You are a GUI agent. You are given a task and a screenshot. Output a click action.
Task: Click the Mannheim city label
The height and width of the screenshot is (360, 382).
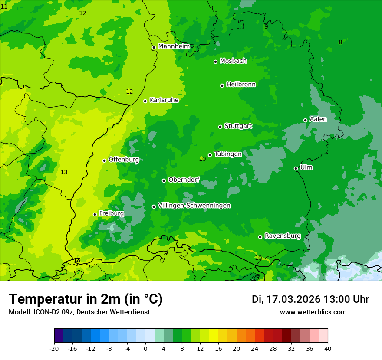[174, 46]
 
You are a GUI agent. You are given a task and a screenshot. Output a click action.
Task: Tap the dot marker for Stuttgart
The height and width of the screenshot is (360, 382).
[220, 127]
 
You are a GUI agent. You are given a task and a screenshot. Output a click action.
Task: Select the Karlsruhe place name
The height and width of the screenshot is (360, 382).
[164, 100]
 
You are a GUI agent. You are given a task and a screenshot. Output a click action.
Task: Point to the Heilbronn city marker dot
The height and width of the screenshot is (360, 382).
[222, 85]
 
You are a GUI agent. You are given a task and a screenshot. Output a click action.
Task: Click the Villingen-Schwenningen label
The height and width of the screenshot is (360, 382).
[194, 206]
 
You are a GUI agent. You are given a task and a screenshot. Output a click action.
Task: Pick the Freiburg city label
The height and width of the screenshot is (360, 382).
[111, 213]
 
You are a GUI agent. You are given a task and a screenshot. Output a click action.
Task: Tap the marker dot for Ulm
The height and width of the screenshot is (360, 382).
[296, 168]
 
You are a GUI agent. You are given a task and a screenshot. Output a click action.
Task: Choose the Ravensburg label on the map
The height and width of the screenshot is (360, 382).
[282, 236]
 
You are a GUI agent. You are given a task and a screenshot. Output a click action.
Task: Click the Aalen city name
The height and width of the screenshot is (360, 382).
[318, 119]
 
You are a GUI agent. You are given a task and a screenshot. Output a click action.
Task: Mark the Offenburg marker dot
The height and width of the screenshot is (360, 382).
[104, 160]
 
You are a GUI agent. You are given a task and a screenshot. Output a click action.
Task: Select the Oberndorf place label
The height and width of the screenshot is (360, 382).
[184, 180]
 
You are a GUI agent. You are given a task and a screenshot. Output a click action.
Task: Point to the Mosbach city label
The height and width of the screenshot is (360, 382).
[233, 61]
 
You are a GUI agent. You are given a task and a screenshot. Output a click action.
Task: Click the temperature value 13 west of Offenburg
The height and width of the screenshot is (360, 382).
[64, 173]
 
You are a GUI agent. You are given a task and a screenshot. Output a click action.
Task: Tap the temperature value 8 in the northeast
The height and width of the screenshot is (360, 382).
[340, 43]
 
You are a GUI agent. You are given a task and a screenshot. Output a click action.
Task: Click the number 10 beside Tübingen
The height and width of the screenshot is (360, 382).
[202, 159]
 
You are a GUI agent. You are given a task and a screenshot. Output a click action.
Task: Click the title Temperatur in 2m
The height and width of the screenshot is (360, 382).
[86, 299]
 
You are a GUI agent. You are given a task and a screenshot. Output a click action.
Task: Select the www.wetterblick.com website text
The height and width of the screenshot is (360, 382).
[313, 312]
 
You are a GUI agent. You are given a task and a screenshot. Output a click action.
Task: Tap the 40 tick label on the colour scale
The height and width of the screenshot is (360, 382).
[328, 348]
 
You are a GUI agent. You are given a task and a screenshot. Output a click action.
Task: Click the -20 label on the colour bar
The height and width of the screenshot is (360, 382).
[54, 348]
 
